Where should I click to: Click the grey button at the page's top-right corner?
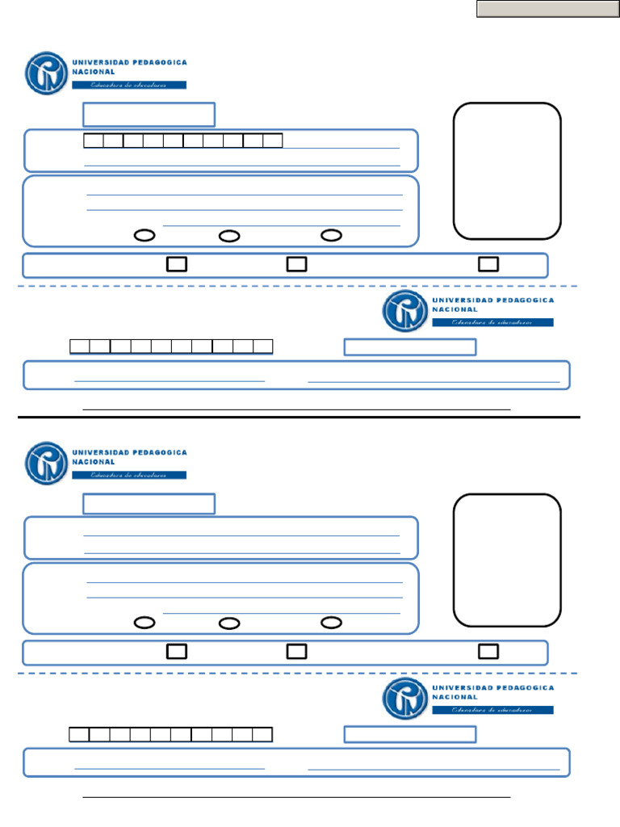tap(547, 9)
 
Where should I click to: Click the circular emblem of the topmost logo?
tap(46, 73)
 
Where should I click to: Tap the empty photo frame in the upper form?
tap(507, 170)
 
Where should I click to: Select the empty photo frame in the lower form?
tap(507, 560)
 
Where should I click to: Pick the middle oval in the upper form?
tap(229, 236)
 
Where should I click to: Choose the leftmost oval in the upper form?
tap(145, 236)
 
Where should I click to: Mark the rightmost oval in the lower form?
tap(332, 623)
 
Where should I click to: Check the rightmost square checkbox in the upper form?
tap(488, 264)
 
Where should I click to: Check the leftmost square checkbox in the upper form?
tap(177, 264)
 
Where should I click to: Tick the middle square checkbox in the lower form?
tap(296, 651)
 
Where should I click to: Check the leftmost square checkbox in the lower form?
tap(177, 651)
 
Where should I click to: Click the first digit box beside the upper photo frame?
tap(93, 141)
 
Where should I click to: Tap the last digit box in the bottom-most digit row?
tap(262, 734)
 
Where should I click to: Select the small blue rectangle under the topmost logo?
tap(149, 115)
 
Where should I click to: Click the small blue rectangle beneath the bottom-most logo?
tap(410, 734)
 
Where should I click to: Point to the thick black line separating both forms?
tap(299, 418)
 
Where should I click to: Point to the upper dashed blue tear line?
tap(299, 286)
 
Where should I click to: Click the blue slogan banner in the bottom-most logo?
tap(492, 710)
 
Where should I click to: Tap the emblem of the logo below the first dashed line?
tap(404, 311)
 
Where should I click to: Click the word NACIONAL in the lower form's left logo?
tap(94, 463)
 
